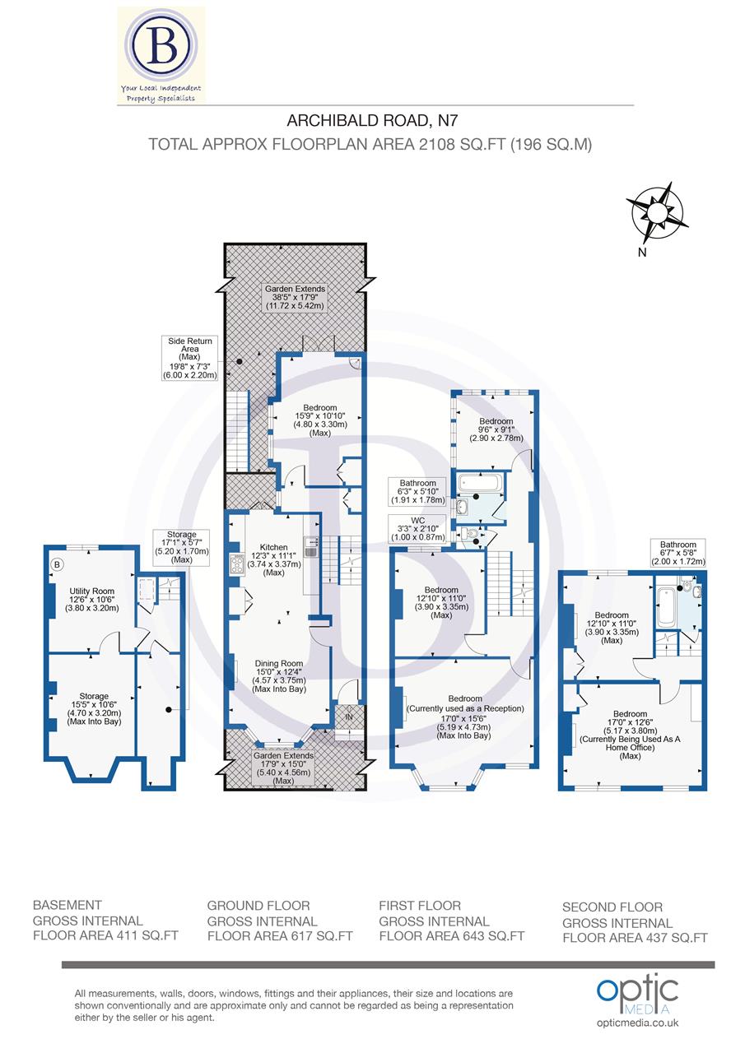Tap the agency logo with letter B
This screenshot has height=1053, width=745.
(x=161, y=54)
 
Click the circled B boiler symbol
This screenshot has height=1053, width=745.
(x=58, y=564)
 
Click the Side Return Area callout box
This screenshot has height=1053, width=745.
(x=190, y=357)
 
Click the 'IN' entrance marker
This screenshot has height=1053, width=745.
(x=348, y=717)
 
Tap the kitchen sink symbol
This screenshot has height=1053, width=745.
(x=311, y=546)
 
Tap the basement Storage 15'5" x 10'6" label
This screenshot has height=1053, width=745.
(x=89, y=708)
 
